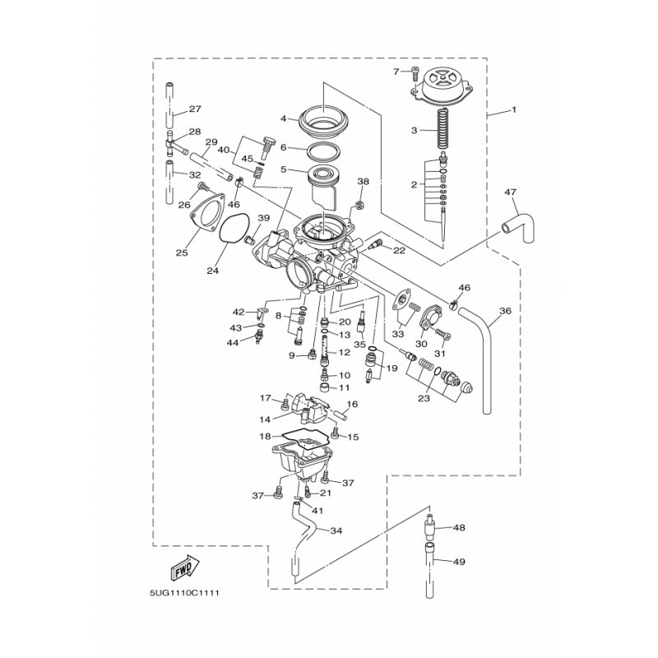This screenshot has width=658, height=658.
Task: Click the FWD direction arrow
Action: tap(184, 567)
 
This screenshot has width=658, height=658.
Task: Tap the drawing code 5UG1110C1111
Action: tap(184, 593)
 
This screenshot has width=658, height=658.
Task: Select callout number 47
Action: tap(511, 192)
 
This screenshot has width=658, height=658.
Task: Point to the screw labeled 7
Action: tap(415, 73)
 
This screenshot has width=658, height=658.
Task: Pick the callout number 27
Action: tap(195, 109)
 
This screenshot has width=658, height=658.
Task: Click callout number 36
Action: tap(506, 311)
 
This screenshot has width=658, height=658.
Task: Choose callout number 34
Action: tap(336, 531)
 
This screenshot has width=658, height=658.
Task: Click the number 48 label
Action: tap(459, 527)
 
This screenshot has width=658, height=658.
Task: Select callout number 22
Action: tap(400, 250)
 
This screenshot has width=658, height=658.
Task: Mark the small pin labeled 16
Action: tap(340, 415)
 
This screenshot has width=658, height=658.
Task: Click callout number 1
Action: tap(513, 110)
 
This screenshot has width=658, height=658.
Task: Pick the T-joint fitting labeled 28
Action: tap(175, 144)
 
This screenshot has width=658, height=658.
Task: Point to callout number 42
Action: tap(239, 312)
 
